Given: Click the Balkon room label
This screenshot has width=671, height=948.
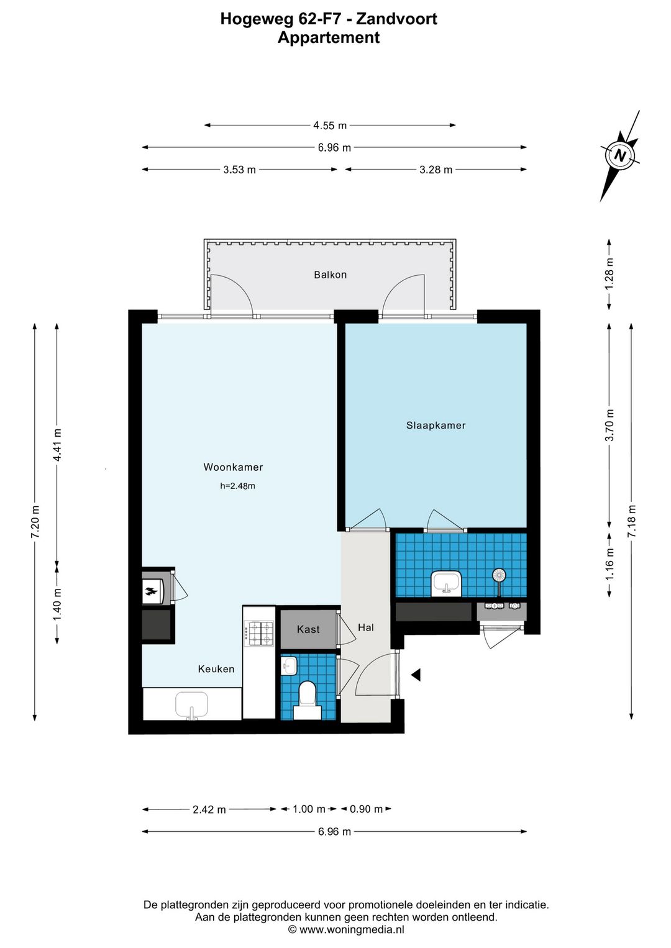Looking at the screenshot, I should (330, 275).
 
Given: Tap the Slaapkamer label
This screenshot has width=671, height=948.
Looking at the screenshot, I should (436, 426).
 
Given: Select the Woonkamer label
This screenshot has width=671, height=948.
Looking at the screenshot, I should (233, 467).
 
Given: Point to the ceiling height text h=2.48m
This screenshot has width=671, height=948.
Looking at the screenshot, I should (237, 486).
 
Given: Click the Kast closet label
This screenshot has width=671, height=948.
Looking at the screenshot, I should (308, 629).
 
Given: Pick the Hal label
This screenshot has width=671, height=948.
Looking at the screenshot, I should (366, 627).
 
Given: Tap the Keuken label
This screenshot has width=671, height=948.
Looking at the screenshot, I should (216, 669).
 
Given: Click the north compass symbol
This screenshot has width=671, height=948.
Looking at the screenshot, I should (620, 155).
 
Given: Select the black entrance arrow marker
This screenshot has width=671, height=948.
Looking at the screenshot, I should (416, 675).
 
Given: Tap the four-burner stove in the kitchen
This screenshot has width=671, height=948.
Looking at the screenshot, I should (258, 633).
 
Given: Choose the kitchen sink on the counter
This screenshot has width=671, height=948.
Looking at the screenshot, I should (192, 705).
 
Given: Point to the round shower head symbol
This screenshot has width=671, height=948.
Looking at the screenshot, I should (499, 575).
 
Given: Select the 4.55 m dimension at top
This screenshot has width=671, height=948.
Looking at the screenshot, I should (330, 125).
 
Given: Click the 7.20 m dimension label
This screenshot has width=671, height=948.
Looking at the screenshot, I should (35, 522).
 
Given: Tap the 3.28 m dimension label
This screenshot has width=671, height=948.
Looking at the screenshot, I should (436, 170).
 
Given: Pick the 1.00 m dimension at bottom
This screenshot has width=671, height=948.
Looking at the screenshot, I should (309, 809).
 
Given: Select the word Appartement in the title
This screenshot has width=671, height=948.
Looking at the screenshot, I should (329, 38).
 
